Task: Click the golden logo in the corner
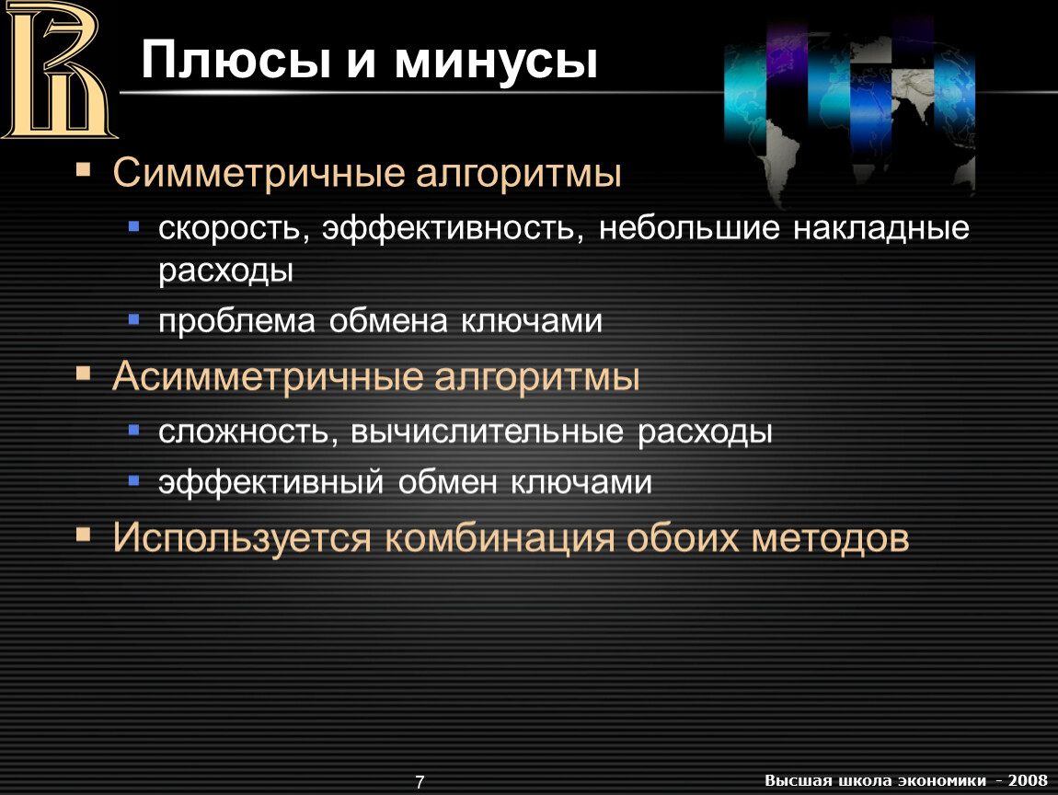pos(59,70)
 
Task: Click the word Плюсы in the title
pos(236,60)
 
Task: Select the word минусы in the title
pos(496,62)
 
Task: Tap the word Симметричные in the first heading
pos(259,173)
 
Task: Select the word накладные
pos(881,228)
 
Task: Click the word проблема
pos(236,321)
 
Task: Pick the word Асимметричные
pos(268,376)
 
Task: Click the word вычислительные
pos(488,432)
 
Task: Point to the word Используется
pos(242,538)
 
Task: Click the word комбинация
pos(500,537)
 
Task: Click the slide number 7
pos(420,782)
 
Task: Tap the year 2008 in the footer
pos(1028,780)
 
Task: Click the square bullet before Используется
pos(84,536)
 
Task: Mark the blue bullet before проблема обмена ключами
pos(133,318)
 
